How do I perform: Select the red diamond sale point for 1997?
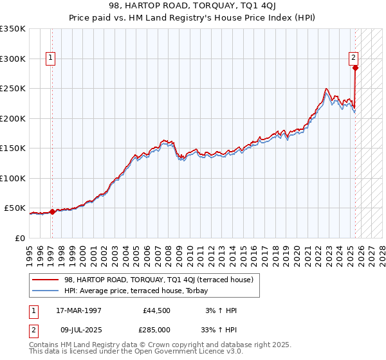click(52, 212)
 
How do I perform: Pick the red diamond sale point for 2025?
click(355, 67)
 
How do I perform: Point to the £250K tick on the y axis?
click(14, 89)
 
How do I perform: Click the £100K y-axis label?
click(14, 178)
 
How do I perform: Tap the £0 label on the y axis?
click(19, 238)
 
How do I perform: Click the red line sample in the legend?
click(44, 280)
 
